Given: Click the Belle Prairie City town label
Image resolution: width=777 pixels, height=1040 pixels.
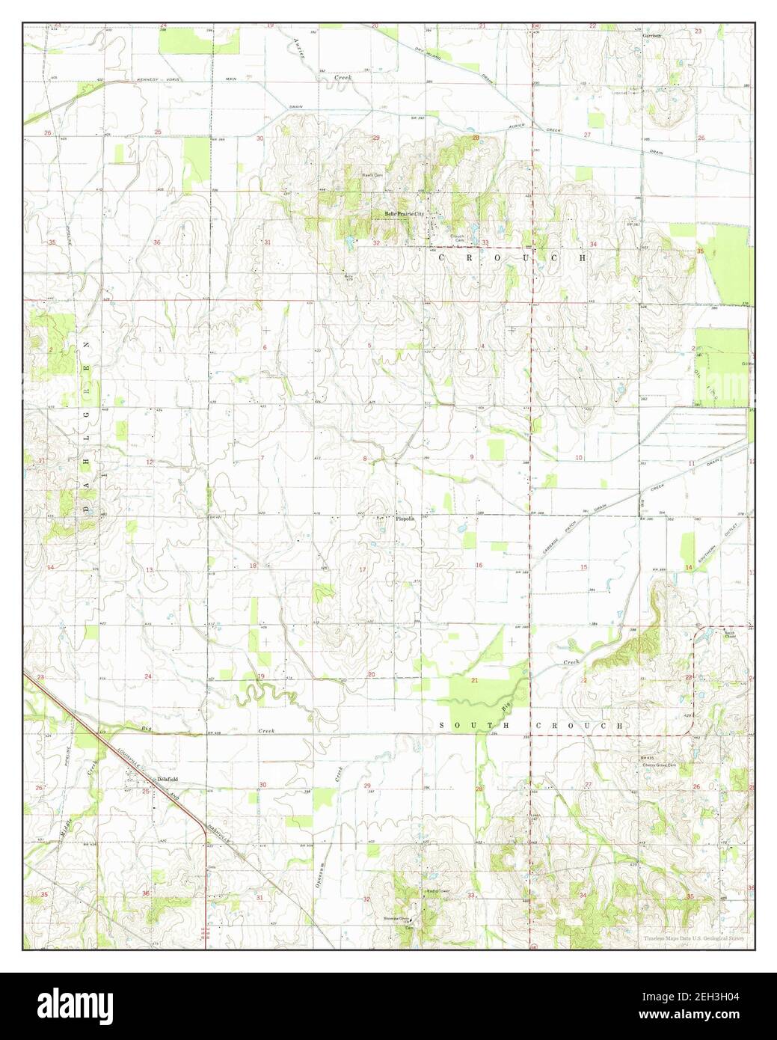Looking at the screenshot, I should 404,212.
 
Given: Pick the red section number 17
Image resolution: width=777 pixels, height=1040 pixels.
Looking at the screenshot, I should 362,570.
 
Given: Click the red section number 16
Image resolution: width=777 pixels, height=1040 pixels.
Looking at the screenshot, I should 479,565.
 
